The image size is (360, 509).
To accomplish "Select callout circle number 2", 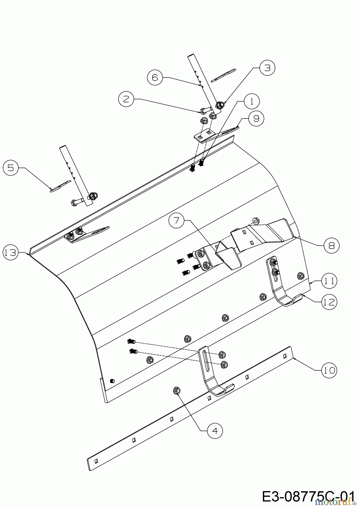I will pyautogui.click(x=126, y=99).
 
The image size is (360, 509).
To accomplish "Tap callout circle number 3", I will pyautogui.click(x=267, y=68).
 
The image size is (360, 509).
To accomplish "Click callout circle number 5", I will pyautogui.click(x=10, y=168).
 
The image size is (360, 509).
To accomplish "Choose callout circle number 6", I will pyautogui.click(x=155, y=77).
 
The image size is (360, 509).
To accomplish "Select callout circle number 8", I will pyautogui.click(x=331, y=245).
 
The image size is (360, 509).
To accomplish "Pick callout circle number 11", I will pyautogui.click(x=329, y=281).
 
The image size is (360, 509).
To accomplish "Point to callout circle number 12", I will pyautogui.click(x=329, y=302).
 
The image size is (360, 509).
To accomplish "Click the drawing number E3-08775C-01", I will pyautogui.click(x=308, y=497).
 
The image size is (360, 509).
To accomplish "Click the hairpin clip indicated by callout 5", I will pyautogui.click(x=60, y=187).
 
